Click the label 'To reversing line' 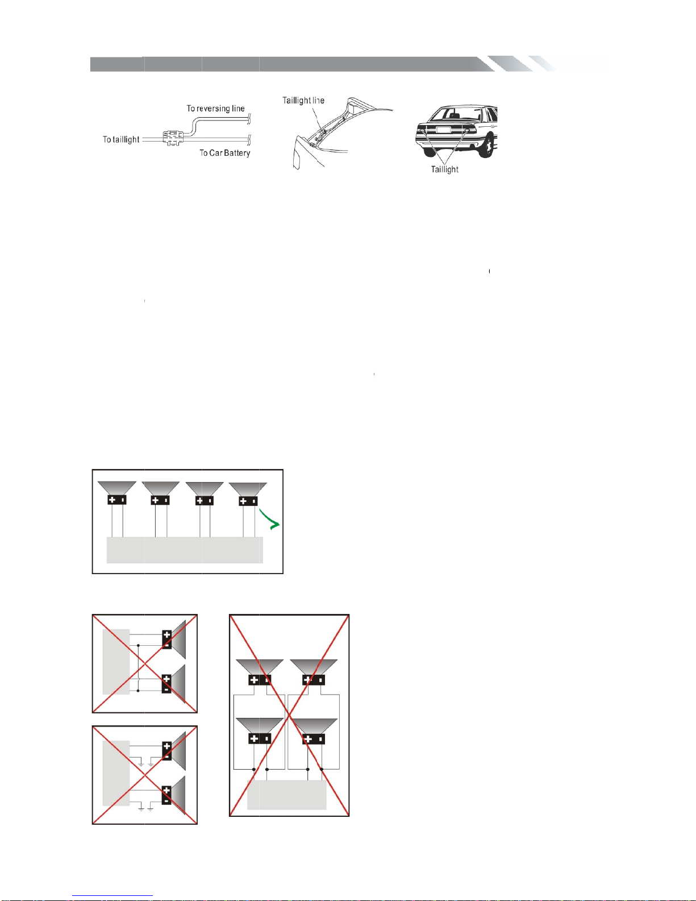tap(215, 109)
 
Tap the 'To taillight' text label tap(121, 139)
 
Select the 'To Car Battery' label tap(225, 153)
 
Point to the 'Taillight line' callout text tap(303, 101)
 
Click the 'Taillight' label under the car tap(444, 169)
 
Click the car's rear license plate tap(443, 130)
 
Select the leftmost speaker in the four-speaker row tap(117, 493)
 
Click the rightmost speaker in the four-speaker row tap(248, 494)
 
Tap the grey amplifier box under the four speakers tap(185, 550)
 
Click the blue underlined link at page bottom tap(112, 896)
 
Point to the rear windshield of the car tap(456, 114)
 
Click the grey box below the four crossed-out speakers tap(287, 795)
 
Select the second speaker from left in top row tap(160, 493)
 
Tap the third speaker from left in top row tap(204, 493)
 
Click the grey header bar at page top tap(323, 64)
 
